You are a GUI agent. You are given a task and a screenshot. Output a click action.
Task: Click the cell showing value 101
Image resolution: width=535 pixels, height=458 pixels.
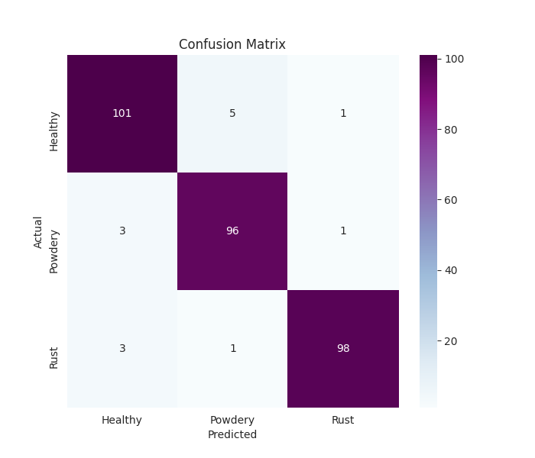[122, 114]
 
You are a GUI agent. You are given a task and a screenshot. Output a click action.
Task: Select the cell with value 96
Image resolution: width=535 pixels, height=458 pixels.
[232, 231]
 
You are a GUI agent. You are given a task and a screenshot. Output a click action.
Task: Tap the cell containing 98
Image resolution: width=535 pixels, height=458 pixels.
[343, 348]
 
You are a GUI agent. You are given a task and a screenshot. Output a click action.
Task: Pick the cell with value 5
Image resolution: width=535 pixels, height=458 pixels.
[232, 114]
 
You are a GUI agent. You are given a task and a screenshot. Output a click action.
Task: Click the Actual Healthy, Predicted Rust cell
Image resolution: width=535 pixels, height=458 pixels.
[343, 114]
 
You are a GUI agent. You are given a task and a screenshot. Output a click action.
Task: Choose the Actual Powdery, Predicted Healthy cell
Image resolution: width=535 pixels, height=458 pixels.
[122, 231]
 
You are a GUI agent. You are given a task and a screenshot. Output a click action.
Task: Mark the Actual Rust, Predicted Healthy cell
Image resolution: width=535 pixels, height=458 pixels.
[122, 348]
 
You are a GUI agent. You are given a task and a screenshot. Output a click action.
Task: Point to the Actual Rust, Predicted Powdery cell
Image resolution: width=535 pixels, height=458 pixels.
[232, 348]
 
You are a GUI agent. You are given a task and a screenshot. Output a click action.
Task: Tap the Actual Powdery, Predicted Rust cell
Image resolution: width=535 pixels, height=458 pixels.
[343, 231]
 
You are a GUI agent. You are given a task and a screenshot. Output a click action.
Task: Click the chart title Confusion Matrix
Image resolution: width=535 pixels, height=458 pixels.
[232, 44]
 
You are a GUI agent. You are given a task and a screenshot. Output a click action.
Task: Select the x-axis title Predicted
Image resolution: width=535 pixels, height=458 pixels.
[232, 434]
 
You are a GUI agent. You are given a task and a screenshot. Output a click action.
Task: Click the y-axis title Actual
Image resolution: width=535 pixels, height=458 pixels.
[38, 231]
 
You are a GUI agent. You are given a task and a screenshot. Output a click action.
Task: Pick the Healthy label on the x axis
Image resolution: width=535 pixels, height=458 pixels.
[122, 420]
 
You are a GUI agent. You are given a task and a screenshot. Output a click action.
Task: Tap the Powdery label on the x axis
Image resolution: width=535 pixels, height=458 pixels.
[232, 420]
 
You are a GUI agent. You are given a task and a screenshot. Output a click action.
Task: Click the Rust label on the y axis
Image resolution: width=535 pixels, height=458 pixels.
[54, 357]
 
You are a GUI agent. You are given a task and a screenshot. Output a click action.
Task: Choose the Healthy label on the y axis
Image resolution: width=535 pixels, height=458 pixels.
[54, 131]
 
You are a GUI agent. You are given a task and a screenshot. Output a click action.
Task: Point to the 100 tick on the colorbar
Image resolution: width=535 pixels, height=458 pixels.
[454, 60]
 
